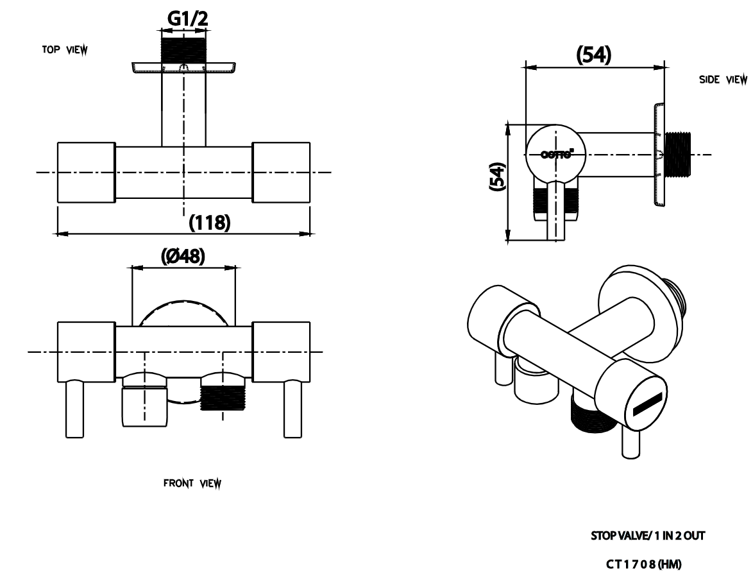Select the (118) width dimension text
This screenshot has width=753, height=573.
tap(208, 223)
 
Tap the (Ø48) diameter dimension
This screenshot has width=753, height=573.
tap(183, 255)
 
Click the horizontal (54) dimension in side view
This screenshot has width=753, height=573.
tap(595, 56)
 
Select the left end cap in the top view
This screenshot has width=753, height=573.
tap(86, 173)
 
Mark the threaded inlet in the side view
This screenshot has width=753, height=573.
tap(678, 155)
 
